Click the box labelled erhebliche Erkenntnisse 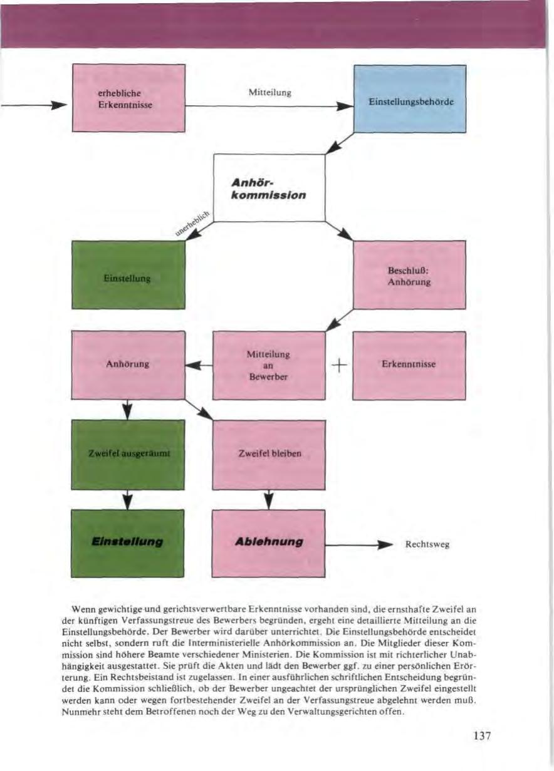(x=128, y=98)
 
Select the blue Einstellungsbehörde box (x=410, y=99)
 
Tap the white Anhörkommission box (x=269, y=188)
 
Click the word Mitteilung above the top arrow (x=269, y=92)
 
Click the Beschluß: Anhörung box (x=409, y=275)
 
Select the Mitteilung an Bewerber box (x=269, y=365)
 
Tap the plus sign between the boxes (x=338, y=365)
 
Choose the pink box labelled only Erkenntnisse (x=409, y=365)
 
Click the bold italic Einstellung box (x=128, y=542)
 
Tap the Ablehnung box (x=269, y=542)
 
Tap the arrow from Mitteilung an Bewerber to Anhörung (x=199, y=365)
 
